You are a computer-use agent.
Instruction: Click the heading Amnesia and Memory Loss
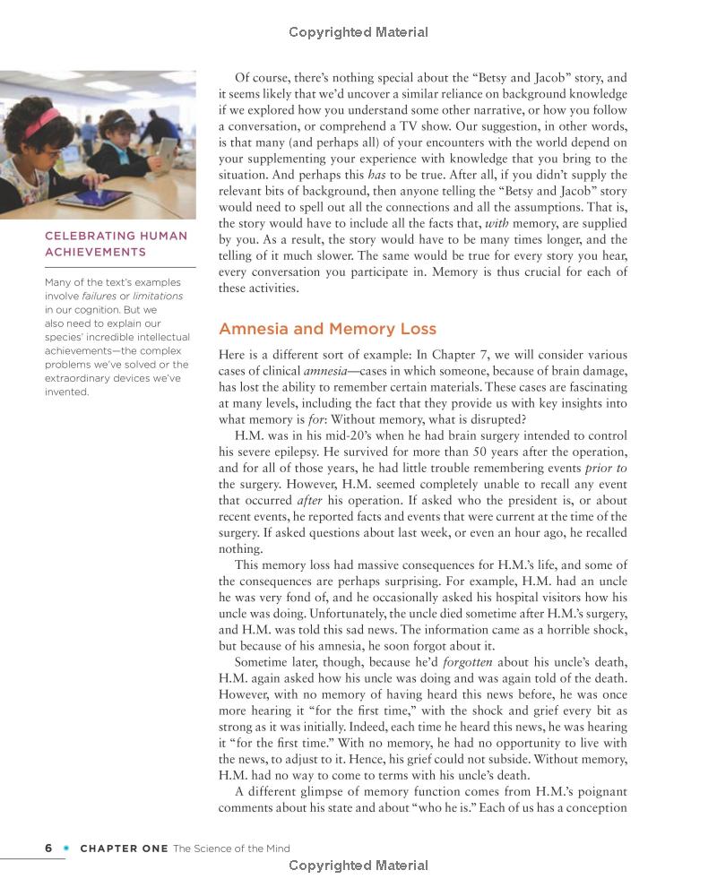point(328,329)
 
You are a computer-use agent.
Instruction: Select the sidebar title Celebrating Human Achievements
point(117,244)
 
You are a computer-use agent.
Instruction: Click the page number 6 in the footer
point(48,848)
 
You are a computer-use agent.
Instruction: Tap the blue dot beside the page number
point(65,848)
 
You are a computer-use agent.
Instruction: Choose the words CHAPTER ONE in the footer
point(124,849)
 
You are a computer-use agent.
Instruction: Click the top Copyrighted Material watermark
point(358,32)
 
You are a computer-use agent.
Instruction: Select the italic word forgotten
point(471,663)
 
